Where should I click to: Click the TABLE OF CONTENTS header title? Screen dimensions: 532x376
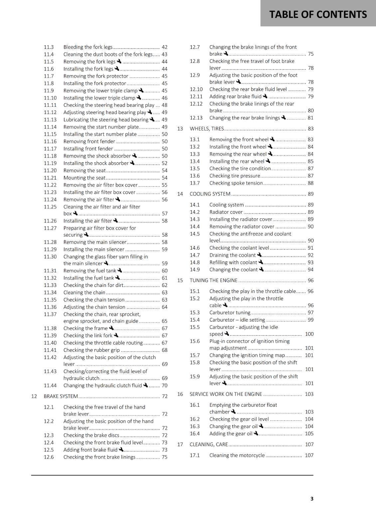(318, 14)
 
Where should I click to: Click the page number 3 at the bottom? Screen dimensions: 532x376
(312, 498)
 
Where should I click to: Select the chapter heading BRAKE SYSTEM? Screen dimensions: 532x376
(61, 396)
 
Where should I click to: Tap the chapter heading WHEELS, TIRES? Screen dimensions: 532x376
(207, 129)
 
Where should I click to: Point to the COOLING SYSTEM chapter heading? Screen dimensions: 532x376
(210, 194)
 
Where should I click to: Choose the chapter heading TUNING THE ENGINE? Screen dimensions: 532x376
(213, 280)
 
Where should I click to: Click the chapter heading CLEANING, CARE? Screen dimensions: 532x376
(209, 445)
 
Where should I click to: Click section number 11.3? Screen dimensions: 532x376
(49, 47)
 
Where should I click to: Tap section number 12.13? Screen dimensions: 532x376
(196, 118)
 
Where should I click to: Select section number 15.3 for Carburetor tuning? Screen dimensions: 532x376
(195, 313)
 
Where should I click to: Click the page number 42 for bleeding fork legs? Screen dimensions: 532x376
(164, 47)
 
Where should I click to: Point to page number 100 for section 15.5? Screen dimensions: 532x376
(309, 334)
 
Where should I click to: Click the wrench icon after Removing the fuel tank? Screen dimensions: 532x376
(120, 270)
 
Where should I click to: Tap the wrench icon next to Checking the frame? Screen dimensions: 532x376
(111, 328)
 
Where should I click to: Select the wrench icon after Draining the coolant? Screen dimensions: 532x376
(260, 255)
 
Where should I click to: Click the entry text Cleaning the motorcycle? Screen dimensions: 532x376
(237, 455)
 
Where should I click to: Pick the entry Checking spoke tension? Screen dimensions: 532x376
(236, 183)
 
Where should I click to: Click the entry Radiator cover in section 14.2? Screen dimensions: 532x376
(226, 212)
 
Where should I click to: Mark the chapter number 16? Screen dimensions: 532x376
(180, 394)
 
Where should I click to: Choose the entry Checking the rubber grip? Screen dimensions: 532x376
(92, 350)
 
